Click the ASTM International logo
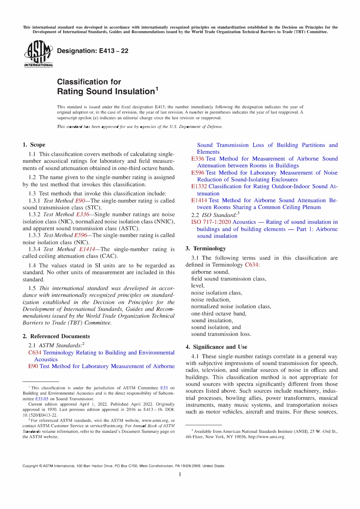point(38,54)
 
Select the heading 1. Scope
point(34,145)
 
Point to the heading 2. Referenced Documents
point(56,336)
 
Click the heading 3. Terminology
point(205,248)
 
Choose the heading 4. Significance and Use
point(216,347)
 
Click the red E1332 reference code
point(199,186)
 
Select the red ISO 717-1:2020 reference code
point(211,222)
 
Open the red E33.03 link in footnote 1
point(42,399)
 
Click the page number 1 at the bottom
point(180,475)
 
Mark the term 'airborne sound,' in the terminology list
point(210,272)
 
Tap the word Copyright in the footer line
point(30,466)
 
